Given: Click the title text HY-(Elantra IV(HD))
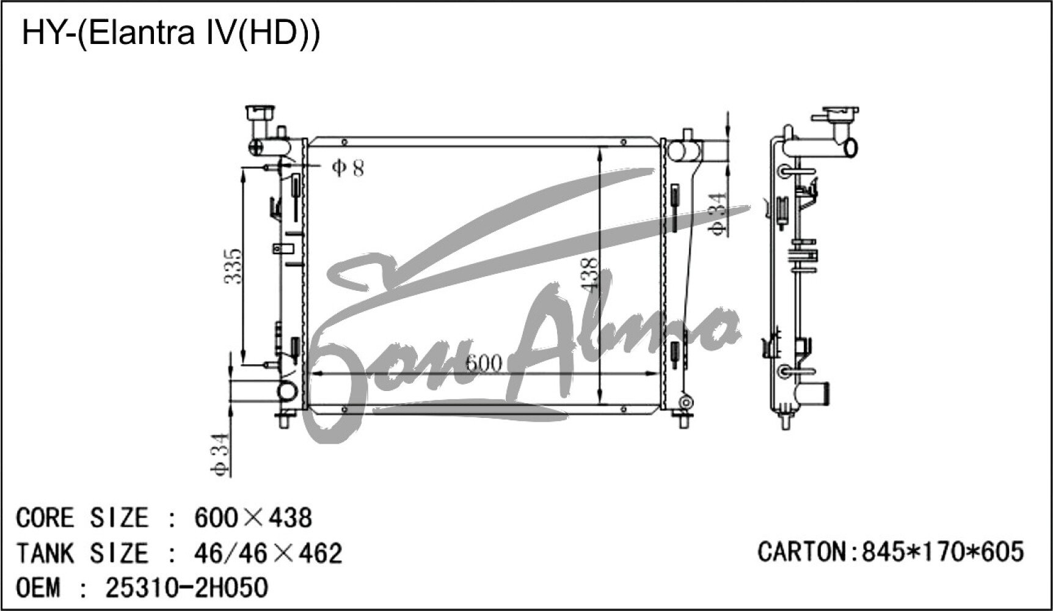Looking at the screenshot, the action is click(170, 34).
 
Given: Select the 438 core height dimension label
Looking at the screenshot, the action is click(589, 273).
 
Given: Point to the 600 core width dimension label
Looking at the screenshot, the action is click(483, 364).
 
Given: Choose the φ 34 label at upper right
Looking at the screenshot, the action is click(716, 213).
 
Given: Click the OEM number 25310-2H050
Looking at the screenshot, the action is click(187, 588).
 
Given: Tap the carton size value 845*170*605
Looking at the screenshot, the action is click(942, 551).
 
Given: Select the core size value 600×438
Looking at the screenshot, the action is click(253, 518).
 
